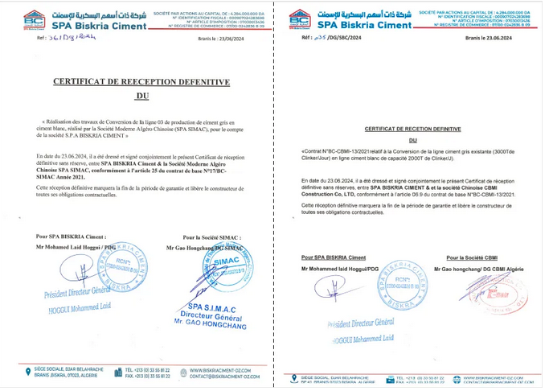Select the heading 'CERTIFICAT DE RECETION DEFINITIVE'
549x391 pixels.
[408, 129]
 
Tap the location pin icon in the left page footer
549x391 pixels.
[28, 372]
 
